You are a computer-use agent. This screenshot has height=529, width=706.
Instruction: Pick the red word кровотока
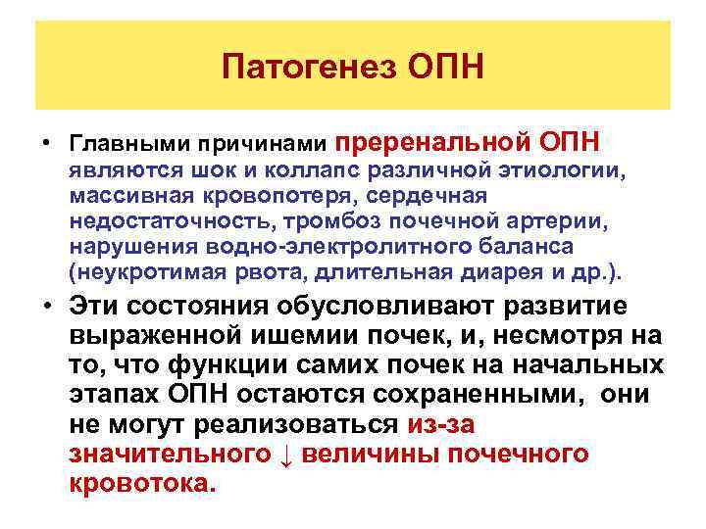(141, 484)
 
